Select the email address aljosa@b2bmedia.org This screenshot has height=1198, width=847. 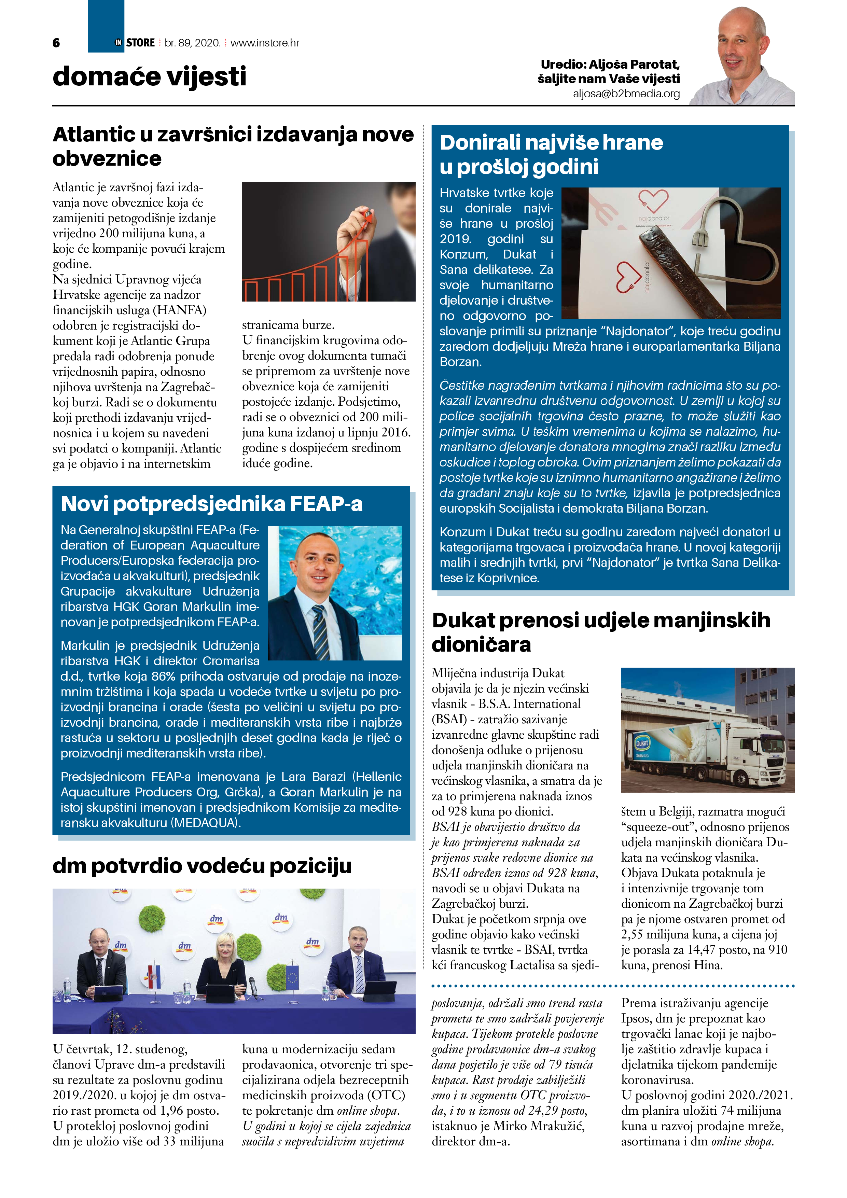click(x=626, y=94)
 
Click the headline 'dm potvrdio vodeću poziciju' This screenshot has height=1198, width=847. click(x=202, y=866)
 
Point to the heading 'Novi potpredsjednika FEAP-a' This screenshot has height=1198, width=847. click(x=211, y=504)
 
